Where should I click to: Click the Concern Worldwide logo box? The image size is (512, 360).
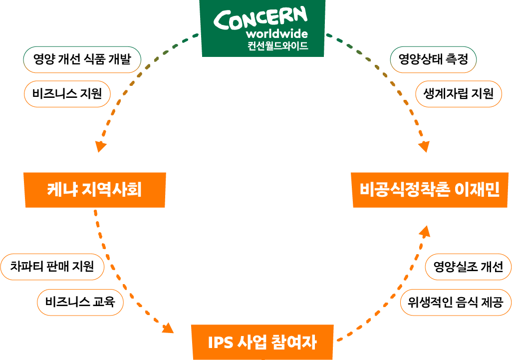[x=262, y=28]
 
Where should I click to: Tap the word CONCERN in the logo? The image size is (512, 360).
[x=260, y=19]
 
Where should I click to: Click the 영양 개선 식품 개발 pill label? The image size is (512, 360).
[x=82, y=60]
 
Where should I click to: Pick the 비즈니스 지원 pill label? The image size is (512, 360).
[x=67, y=93]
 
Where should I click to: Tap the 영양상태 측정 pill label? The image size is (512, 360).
[x=433, y=60]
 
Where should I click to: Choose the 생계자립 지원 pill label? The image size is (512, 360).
[x=458, y=93]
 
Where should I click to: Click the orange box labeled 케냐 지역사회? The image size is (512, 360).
[x=95, y=190]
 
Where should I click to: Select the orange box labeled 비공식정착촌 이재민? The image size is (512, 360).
[x=430, y=190]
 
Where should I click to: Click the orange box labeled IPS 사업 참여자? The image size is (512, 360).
[x=262, y=342]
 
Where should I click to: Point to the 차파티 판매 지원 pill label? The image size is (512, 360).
[x=52, y=267]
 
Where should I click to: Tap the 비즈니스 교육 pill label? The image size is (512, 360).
[x=80, y=302]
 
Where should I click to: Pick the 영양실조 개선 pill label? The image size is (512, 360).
[x=468, y=267]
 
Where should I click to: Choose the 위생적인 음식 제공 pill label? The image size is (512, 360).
[x=455, y=302]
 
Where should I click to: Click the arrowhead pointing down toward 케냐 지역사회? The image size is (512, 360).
[x=101, y=146]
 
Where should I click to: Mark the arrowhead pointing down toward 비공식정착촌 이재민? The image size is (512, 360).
[x=424, y=147]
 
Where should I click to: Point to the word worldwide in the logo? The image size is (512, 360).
[x=276, y=34]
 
